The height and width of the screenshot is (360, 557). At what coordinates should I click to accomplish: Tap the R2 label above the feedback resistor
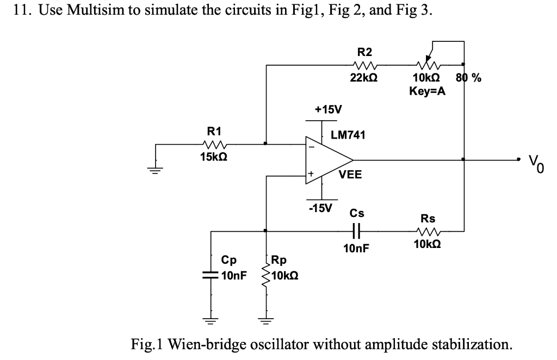364,52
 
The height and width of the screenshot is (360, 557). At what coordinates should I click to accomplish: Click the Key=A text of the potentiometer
427,91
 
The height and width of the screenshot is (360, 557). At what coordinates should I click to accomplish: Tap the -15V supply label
321,208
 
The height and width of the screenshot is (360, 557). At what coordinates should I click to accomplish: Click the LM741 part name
349,134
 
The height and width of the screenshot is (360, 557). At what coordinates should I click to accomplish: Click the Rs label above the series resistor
428,219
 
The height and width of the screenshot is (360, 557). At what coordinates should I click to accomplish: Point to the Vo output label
535,162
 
